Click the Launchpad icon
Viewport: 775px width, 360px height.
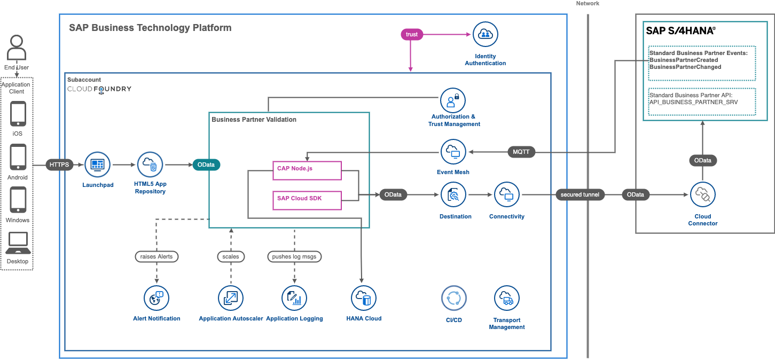(97, 165)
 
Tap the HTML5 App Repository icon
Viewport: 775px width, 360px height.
(150, 165)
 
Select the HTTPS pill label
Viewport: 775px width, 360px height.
(59, 165)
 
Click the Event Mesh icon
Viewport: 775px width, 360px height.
(453, 152)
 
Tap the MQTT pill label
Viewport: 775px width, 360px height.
(521, 152)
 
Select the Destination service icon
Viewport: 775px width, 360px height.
(453, 195)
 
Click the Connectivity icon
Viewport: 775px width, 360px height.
(507, 195)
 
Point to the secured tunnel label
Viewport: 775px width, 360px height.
(580, 195)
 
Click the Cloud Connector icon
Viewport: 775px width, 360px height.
(702, 195)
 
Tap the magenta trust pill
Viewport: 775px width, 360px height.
(412, 34)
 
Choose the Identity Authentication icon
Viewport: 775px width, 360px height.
(485, 35)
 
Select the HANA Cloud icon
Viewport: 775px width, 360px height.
(364, 298)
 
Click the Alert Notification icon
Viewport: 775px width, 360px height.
(156, 298)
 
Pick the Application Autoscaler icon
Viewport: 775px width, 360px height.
(231, 298)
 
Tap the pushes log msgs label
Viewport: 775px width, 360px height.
(294, 257)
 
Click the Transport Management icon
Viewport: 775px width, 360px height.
(506, 298)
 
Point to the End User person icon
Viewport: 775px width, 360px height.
(17, 49)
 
